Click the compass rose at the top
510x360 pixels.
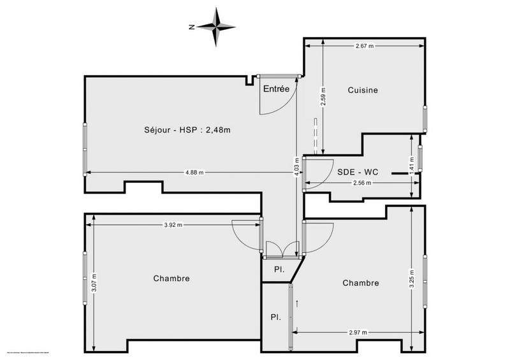click(217, 27)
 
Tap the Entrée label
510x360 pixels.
click(276, 89)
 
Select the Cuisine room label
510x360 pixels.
click(363, 90)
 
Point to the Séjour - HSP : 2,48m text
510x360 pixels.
click(187, 130)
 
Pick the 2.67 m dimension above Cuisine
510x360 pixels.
click(364, 46)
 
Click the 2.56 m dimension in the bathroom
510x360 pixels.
click(361, 183)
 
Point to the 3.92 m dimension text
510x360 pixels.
click(173, 224)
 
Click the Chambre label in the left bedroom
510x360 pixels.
click(171, 278)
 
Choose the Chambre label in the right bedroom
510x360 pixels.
click(361, 283)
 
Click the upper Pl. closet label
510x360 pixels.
click(279, 270)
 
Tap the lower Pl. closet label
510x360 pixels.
click(275, 317)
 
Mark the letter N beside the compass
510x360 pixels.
click(191, 27)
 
